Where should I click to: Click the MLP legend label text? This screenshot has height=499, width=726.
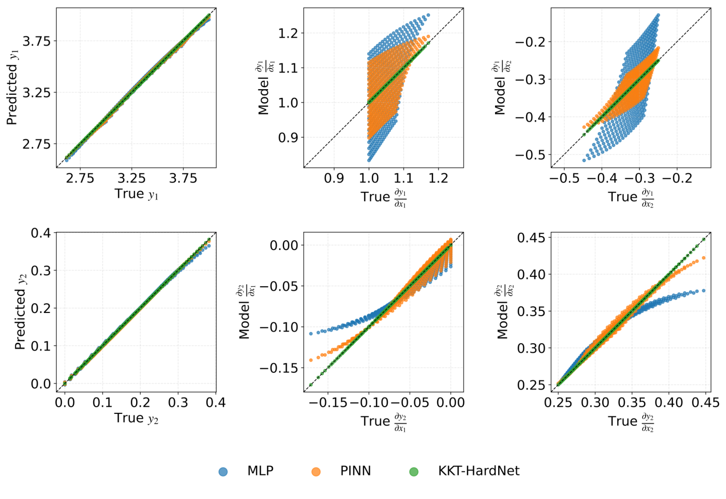260,471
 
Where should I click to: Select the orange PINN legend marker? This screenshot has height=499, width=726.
316,471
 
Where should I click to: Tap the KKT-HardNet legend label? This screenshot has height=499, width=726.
478,471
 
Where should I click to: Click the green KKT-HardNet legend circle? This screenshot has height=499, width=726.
414,471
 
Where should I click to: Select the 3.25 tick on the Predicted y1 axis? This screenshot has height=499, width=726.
36,92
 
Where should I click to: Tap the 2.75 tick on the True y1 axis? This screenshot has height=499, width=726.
80,178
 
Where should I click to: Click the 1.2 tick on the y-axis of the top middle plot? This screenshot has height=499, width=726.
288,34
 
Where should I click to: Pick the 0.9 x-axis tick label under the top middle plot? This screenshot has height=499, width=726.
334,178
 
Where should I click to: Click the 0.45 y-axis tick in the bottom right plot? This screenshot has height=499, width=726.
531,238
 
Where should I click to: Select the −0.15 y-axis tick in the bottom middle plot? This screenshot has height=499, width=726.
280,368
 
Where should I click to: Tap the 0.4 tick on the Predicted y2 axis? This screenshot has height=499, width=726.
41,233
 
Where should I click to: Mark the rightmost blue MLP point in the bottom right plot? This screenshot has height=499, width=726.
704,291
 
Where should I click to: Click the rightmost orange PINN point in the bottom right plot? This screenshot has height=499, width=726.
704,258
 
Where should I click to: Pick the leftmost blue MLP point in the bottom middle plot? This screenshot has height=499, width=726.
311,334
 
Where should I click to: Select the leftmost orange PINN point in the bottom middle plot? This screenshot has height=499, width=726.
311,360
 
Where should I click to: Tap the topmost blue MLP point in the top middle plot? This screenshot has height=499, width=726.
428,15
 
